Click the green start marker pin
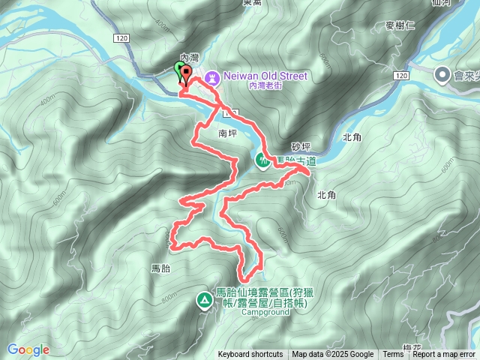pos(178,71)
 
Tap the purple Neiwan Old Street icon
pos(212,76)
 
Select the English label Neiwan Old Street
pos(265,76)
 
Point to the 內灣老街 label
pos(262,87)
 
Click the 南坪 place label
pos(227,133)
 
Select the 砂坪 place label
pos(300,147)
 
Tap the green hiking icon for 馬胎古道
pos(262,160)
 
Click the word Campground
pos(265,313)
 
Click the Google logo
pos(28,349)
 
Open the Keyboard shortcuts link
pos(250,355)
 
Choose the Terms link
pos(392,355)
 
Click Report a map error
pos(444,355)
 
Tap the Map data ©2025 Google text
pos(332,355)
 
